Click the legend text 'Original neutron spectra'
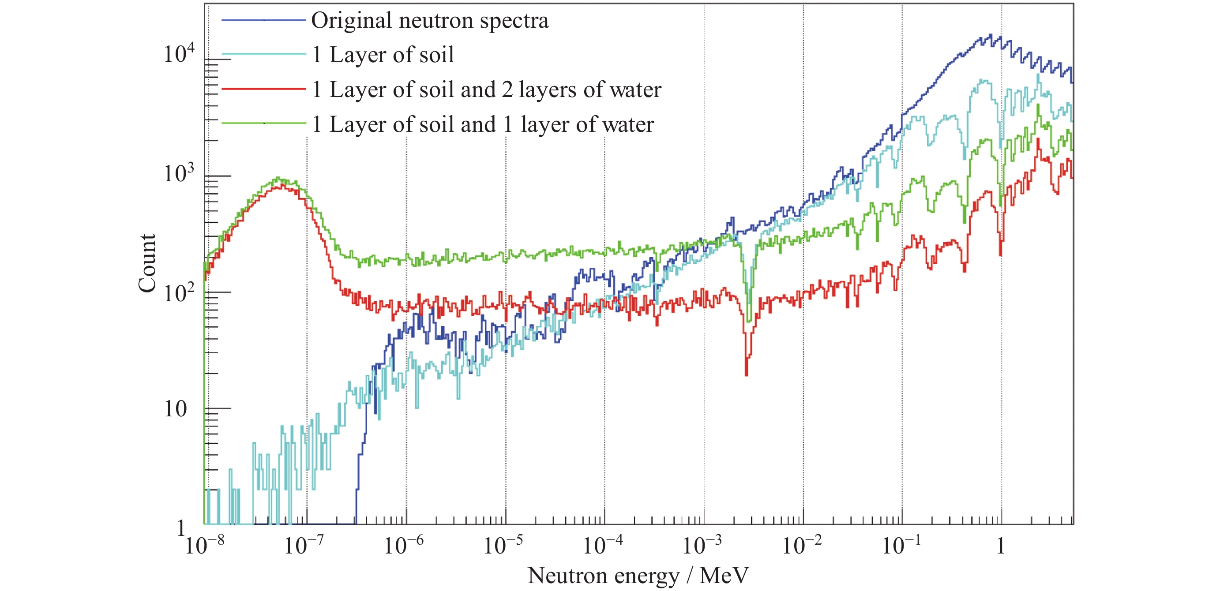[430, 21]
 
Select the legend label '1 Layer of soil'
[383, 55]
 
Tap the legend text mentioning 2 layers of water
[487, 90]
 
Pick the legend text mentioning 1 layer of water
[483, 125]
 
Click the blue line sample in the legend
[263, 20]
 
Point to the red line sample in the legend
[263, 89]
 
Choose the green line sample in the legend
[263, 123]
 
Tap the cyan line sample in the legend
[263, 55]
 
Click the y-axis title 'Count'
[147, 263]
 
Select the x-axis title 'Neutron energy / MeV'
[638, 576]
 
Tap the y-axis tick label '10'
[175, 409]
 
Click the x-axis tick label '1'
[1001, 546]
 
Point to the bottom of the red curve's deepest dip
[746, 375]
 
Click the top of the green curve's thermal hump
[278, 178]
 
